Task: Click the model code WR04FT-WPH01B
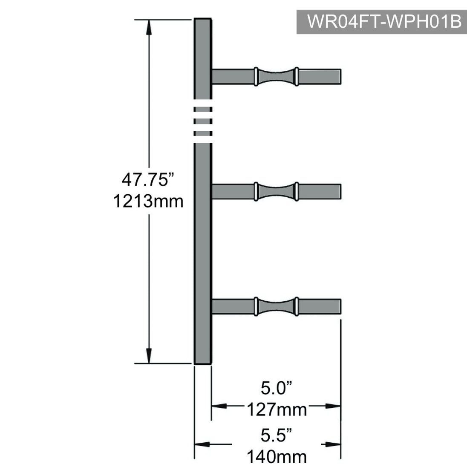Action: pos(384,21)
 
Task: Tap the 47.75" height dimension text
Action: pos(148,179)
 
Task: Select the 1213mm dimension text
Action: pos(148,201)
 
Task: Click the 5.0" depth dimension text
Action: pos(276,388)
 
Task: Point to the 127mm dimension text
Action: pos(277,409)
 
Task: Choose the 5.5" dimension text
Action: pos(276,435)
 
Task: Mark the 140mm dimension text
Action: pos(277,457)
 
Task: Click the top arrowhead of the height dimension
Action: pos(149,27)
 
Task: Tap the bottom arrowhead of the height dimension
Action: pos(149,356)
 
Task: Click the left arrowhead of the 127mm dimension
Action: pos(219,406)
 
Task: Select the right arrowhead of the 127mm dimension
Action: pos(333,406)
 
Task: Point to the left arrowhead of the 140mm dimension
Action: pos(202,444)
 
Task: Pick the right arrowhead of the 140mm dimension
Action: pos(333,444)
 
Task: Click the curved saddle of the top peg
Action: pos(276,77)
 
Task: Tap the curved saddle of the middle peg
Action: pos(276,191)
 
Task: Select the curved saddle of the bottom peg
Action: pos(276,306)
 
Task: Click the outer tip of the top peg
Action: pos(341,77)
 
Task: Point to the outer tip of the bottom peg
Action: pos(341,306)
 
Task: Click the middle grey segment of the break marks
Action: pos(203,121)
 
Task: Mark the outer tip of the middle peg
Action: pos(341,191)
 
